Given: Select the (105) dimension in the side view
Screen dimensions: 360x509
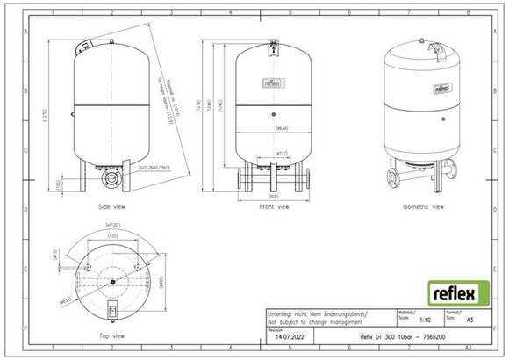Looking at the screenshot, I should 60,184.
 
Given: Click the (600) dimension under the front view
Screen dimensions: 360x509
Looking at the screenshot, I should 274,197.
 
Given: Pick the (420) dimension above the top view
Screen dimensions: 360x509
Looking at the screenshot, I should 113,236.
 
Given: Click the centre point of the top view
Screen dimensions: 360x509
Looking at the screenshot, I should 113,281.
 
